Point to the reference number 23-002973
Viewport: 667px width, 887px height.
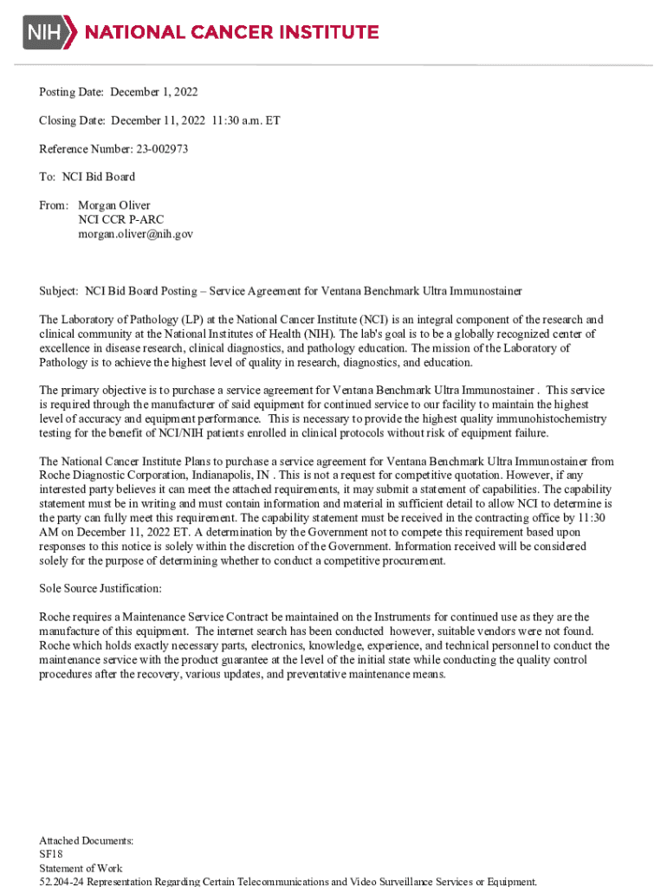tap(161, 149)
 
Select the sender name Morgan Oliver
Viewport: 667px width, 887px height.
tap(114, 206)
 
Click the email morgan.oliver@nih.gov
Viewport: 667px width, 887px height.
tap(135, 234)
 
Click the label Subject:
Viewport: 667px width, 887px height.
tap(59, 291)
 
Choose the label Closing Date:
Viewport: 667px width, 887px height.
tap(73, 120)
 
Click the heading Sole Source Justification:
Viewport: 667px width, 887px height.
tap(100, 589)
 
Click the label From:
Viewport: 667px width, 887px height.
tap(54, 206)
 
